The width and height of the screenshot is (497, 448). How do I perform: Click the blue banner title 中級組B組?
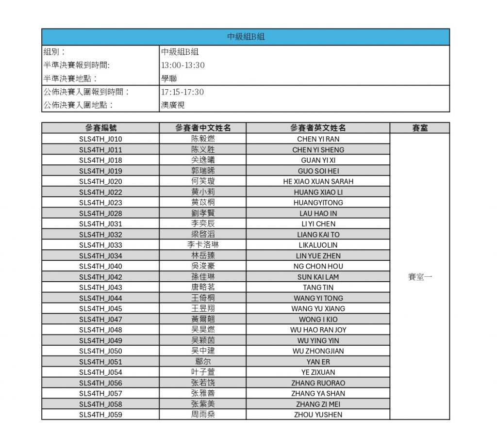246,37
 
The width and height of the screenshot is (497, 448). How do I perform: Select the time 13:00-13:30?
182,65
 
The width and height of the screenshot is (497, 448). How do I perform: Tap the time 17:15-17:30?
182,92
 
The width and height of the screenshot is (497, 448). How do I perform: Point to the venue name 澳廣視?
173,105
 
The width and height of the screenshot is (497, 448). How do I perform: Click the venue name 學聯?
169,79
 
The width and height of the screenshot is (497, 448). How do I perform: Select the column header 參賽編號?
100,128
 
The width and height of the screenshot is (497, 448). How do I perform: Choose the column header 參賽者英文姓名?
318,128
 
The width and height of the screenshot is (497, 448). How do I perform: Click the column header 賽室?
420,128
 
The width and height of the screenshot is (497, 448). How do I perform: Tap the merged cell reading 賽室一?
420,277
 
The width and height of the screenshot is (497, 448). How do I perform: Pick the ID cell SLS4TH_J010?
100,139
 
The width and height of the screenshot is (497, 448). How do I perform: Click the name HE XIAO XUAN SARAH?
318,181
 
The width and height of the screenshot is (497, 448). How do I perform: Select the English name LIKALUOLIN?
318,245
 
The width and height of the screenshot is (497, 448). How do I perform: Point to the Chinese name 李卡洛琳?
203,245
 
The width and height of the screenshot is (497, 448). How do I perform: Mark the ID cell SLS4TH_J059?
100,415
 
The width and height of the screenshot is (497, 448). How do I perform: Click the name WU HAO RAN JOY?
318,330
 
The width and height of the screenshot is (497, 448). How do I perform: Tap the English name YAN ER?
318,362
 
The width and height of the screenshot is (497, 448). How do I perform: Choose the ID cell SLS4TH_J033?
100,245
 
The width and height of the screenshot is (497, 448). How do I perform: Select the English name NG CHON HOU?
318,266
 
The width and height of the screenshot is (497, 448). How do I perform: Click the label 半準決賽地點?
70,79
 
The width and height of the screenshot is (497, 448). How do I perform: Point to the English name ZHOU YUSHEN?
318,415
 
